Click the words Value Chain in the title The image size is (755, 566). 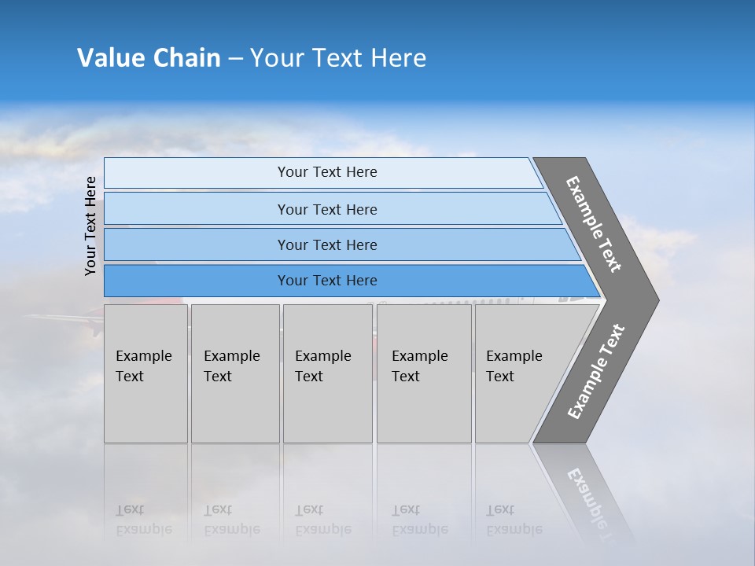click(149, 58)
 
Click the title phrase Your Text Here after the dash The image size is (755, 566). click(338, 58)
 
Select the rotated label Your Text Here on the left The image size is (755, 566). click(91, 226)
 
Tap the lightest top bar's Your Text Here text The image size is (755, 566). click(327, 172)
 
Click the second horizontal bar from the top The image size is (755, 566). click(327, 209)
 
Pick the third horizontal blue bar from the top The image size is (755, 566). click(327, 245)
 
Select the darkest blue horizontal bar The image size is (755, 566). click(327, 281)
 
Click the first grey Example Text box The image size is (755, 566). click(145, 373)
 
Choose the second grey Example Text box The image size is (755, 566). click(234, 373)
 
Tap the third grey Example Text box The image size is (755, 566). click(327, 373)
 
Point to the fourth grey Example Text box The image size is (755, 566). click(423, 373)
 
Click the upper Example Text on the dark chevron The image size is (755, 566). click(594, 224)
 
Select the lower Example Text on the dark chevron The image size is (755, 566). click(596, 372)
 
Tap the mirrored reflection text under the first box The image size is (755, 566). click(144, 520)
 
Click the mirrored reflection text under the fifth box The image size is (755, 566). click(514, 520)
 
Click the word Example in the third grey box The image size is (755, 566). click(322, 356)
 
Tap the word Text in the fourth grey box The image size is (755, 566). click(406, 377)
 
